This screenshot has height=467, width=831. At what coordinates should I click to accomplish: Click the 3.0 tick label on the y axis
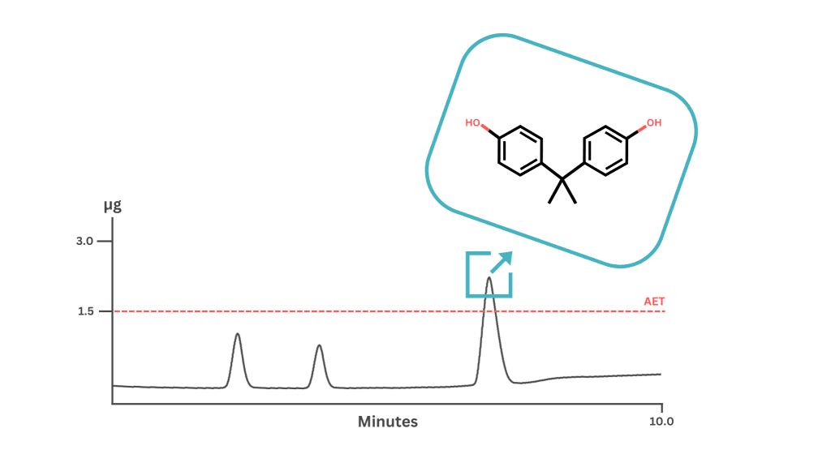pos(84,242)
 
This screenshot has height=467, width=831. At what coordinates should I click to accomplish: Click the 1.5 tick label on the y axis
pos(86,311)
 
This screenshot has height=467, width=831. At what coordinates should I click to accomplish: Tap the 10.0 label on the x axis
pos(661,422)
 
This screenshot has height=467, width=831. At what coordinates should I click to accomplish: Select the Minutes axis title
pos(387,422)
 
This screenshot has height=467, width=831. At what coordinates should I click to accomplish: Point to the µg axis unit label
pos(112,205)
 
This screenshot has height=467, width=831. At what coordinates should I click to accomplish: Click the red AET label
pos(654,302)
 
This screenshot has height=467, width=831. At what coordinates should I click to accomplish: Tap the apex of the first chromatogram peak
pos(238,333)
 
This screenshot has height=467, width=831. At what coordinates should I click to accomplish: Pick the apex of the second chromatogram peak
pos(319,345)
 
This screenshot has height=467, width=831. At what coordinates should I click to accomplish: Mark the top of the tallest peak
pos(489,277)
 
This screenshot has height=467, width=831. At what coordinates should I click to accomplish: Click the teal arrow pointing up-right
pos(502,262)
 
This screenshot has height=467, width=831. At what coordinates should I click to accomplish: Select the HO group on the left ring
pos(472,123)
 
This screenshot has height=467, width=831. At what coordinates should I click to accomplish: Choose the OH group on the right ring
pos(654,123)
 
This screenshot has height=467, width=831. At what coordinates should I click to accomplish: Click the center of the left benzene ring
pos(520,150)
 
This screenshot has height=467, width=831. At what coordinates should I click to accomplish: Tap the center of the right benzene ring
pos(605,150)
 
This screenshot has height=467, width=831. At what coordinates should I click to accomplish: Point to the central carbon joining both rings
pos(562,179)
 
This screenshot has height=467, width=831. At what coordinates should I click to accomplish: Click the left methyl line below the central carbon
pos(555,191)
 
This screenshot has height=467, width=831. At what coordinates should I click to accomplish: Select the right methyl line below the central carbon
pos(569,191)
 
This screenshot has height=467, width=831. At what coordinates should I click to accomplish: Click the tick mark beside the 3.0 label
pos(105,242)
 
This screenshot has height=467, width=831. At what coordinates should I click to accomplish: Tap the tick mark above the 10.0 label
pos(662,409)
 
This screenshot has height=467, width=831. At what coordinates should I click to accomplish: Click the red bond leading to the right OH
pos(642,129)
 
